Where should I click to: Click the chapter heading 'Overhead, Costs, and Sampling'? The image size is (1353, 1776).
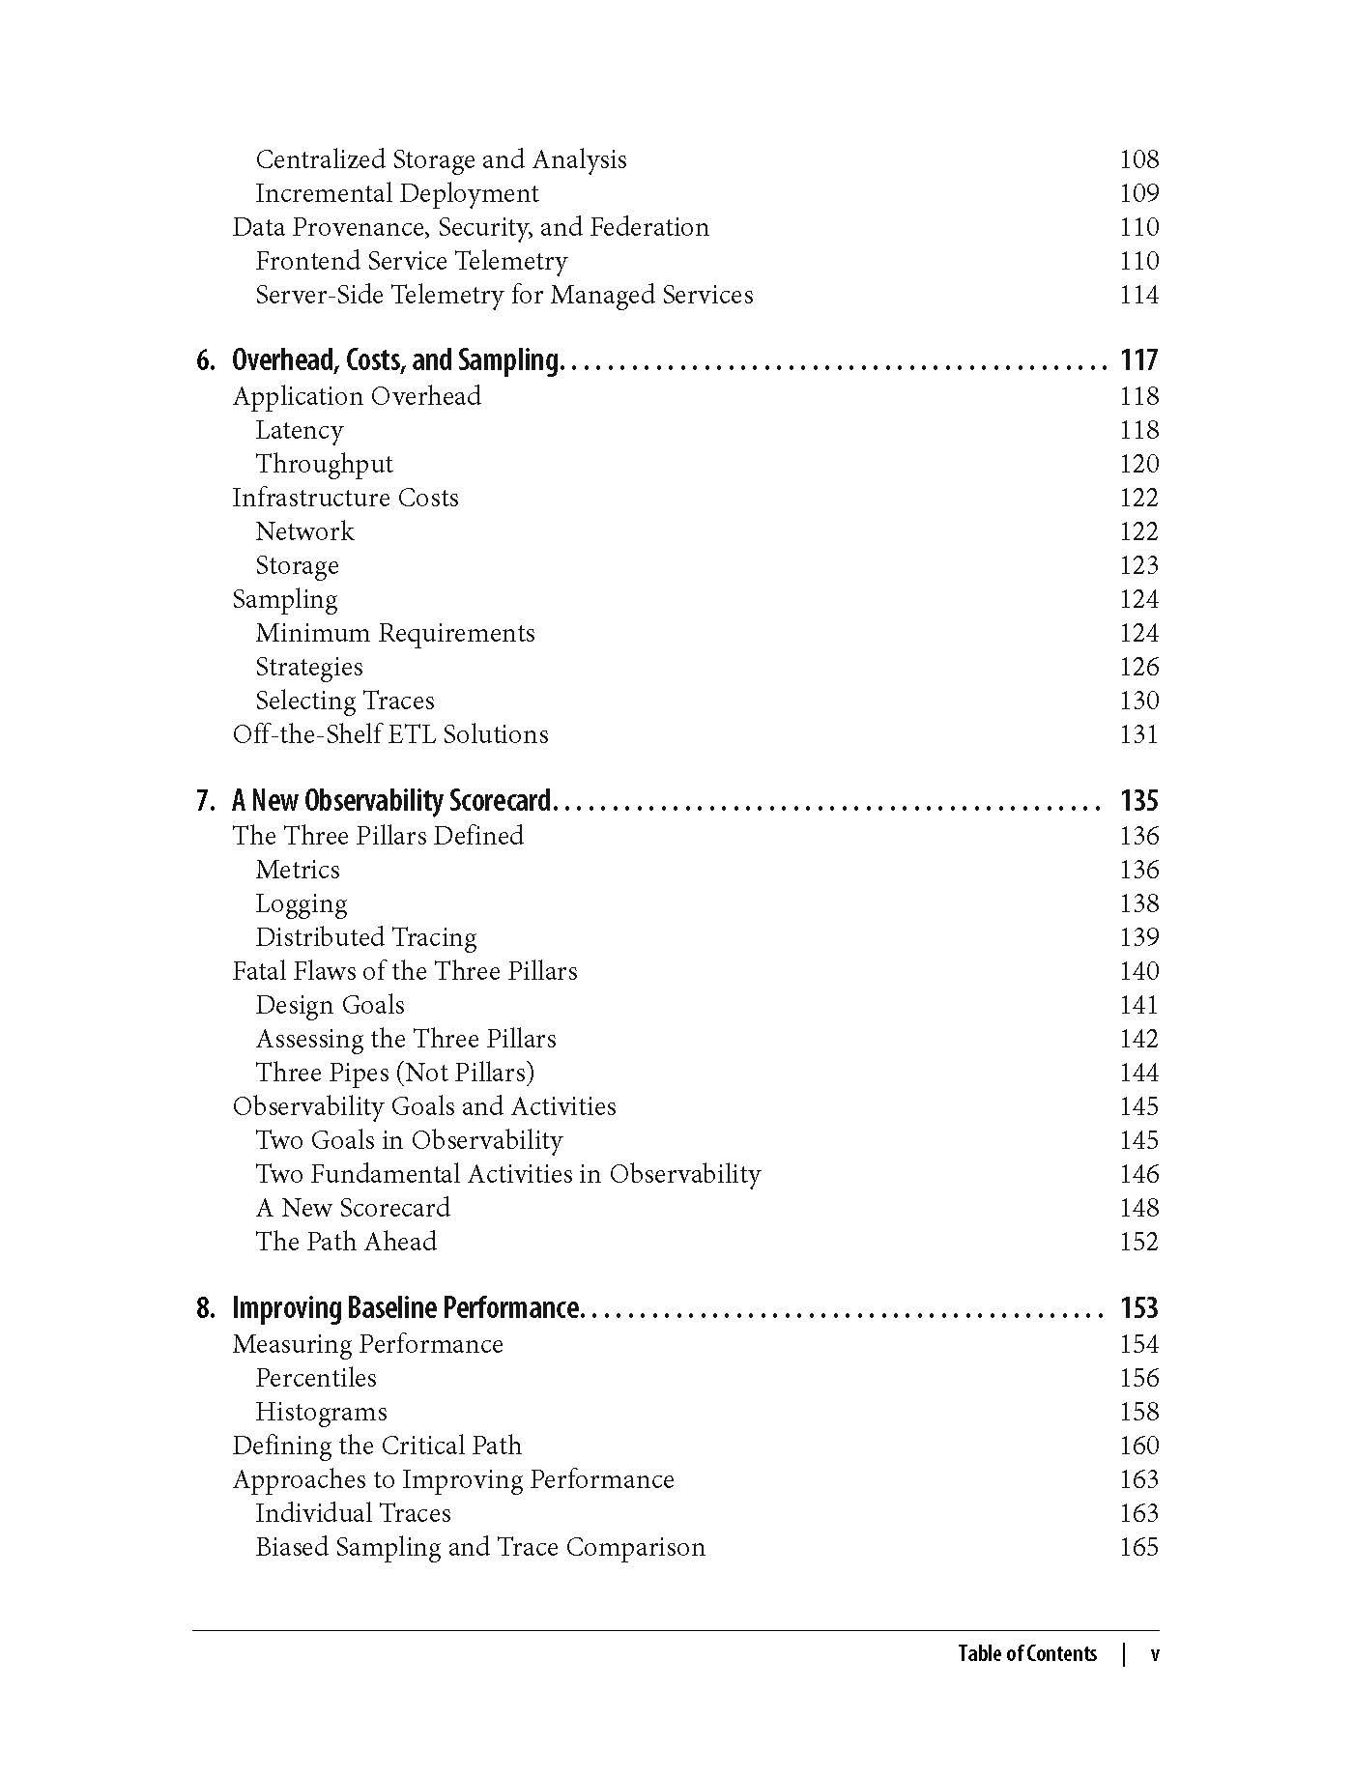click(395, 360)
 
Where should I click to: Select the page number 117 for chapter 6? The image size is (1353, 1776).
click(1138, 360)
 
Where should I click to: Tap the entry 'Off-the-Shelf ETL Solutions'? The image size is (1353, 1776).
click(390, 734)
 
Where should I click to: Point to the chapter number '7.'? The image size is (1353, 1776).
click(206, 801)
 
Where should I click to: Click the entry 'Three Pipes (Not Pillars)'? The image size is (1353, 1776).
click(394, 1073)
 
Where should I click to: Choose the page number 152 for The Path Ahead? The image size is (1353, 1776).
click(1138, 1242)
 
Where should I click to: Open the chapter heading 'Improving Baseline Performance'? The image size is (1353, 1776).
click(405, 1308)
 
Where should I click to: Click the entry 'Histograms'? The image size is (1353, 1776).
click(321, 1412)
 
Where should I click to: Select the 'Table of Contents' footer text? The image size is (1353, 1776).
click(1027, 1653)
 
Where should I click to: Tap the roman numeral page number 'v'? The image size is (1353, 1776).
click(1154, 1653)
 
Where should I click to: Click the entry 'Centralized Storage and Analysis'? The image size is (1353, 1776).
click(441, 159)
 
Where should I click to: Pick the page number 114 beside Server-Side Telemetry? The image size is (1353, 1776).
click(1138, 295)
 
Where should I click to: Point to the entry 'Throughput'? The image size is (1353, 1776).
click(324, 464)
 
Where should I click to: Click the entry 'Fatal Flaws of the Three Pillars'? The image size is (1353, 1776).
click(405, 971)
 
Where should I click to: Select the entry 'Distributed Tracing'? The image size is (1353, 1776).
click(366, 937)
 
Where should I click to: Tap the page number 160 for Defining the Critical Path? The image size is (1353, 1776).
click(1138, 1446)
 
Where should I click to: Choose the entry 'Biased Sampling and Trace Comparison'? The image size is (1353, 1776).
click(480, 1547)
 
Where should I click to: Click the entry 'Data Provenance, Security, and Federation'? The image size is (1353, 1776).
click(471, 227)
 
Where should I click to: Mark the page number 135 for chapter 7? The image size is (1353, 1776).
click(1138, 801)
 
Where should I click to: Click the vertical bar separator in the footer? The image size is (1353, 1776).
click(1124, 1653)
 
